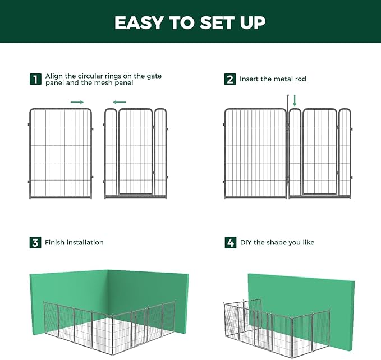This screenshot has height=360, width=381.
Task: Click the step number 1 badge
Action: click(35, 79)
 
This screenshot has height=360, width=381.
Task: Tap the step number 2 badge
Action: click(230, 79)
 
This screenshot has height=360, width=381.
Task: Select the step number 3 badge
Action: click(35, 242)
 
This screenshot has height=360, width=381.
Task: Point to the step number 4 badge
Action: click(230, 242)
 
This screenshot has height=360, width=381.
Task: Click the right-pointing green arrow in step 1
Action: click(77, 102)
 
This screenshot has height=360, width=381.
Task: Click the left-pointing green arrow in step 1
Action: click(119, 102)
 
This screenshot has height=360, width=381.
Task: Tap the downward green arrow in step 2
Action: click(295, 100)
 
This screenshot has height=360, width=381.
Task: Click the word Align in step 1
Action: click(54, 75)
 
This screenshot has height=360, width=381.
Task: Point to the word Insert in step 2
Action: click(250, 79)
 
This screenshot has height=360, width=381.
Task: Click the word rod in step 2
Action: click(300, 79)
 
